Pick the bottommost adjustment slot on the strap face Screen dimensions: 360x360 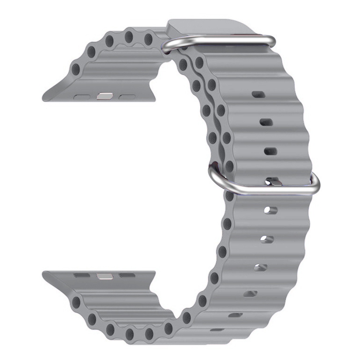coord(217,330)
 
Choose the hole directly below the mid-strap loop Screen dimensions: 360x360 coord(270,210)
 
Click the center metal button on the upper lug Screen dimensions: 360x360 coord(104,96)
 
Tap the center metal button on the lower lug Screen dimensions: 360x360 coord(104,275)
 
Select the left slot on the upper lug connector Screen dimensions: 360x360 coord(83,96)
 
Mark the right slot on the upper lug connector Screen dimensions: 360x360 coord(127,97)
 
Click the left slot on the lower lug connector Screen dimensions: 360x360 coord(83,275)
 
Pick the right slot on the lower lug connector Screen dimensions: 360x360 coord(127,275)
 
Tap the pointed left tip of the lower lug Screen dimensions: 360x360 coord(44,274)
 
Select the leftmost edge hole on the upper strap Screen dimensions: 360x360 coord(76,70)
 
